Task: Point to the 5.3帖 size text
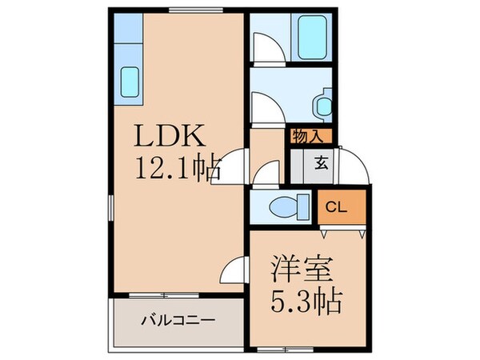tap(303, 302)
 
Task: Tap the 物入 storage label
tap(309, 136)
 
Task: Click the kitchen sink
tap(130, 80)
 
